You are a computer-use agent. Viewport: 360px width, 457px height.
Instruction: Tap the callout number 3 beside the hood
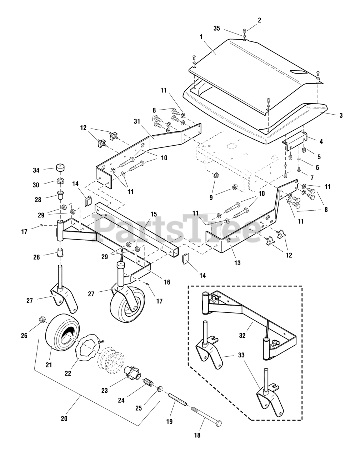341,115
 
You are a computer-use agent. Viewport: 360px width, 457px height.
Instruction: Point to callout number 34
36,170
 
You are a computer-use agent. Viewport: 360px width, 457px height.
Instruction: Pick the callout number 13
237,263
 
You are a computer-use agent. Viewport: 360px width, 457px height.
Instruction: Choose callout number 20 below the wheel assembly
64,418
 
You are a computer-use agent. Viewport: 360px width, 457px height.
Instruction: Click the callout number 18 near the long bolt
197,435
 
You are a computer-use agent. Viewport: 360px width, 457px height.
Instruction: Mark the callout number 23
104,391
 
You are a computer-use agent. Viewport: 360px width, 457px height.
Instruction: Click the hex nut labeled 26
42,319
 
